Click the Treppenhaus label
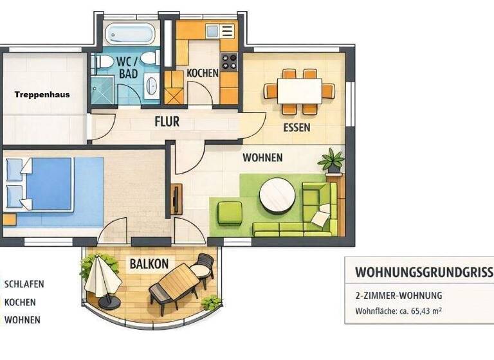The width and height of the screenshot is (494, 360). tap(42, 94)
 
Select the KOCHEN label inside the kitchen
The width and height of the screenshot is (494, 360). tap(203, 73)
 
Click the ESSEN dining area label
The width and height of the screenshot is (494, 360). tap(297, 127)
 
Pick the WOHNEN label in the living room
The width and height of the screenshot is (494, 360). tap(262, 157)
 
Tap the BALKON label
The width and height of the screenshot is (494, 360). tap(149, 264)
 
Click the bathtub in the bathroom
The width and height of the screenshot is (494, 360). tap(131, 33)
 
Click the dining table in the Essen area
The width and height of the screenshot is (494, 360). tap(300, 89)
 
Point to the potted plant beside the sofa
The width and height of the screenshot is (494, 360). tap(332, 160)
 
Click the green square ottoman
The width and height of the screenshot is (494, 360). tap(230, 212)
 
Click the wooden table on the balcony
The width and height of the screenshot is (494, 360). tap(174, 282)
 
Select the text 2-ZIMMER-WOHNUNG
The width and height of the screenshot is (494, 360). tap(398, 296)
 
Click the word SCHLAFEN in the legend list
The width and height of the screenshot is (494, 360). tap(24, 284)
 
